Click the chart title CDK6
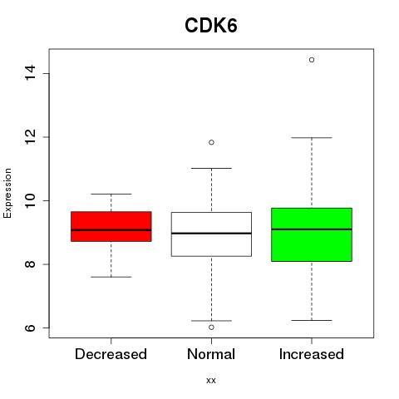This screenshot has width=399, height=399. click(x=211, y=26)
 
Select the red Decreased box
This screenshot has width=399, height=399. click(x=111, y=226)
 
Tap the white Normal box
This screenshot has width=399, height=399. click(x=211, y=234)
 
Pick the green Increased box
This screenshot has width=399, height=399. click(x=312, y=234)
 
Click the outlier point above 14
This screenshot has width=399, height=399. click(x=312, y=60)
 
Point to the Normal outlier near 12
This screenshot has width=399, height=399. click(x=211, y=142)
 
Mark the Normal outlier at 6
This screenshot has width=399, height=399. click(x=211, y=328)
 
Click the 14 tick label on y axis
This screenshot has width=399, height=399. click(x=31, y=73)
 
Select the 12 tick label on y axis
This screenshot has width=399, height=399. click(x=31, y=137)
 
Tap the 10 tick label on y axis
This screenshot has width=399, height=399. click(x=31, y=200)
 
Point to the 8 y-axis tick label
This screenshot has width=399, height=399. click(x=31, y=264)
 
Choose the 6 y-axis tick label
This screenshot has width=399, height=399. click(x=31, y=328)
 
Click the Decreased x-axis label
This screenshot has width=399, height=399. click(x=111, y=354)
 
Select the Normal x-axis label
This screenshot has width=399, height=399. click(x=211, y=354)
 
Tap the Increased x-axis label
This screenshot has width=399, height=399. click(x=312, y=354)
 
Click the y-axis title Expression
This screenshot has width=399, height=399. click(x=7, y=193)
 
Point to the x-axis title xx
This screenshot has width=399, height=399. click(x=211, y=381)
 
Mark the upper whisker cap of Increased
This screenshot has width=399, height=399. click(x=312, y=137)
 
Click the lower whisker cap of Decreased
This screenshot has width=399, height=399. click(x=111, y=277)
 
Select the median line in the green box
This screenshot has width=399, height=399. click(x=312, y=229)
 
